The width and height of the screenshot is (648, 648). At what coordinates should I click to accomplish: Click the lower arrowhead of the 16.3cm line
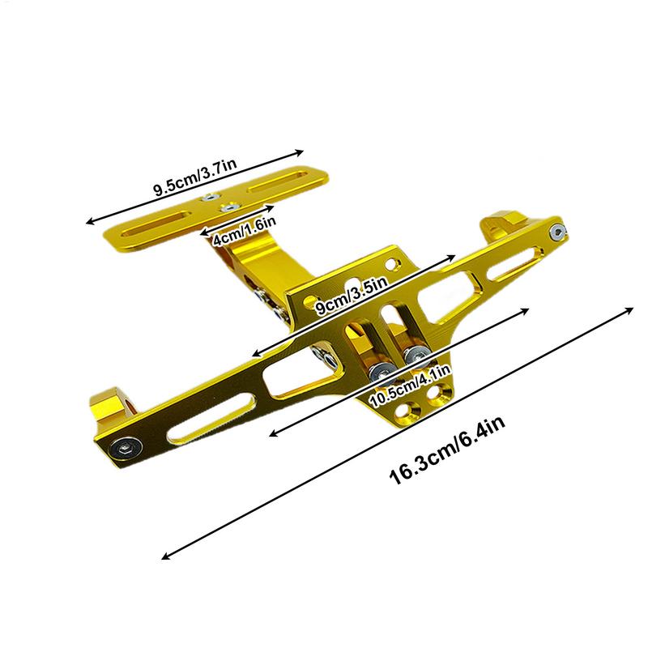[x=165, y=556]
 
